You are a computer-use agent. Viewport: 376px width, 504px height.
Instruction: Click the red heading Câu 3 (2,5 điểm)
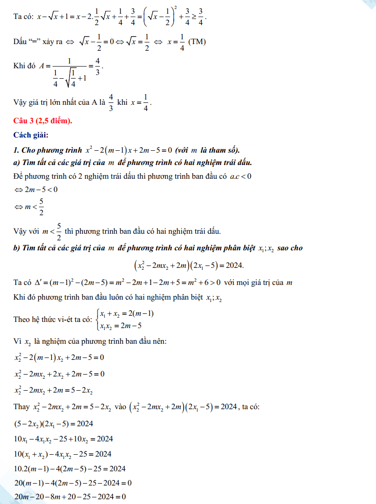(x=43, y=121)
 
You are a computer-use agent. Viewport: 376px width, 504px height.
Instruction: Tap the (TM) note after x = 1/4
(x=197, y=42)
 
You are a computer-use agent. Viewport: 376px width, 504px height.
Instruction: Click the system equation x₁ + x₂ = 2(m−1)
(x=126, y=314)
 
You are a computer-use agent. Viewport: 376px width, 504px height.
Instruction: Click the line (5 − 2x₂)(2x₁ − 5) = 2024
(x=54, y=423)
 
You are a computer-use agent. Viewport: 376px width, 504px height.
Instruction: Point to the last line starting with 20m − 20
(x=70, y=497)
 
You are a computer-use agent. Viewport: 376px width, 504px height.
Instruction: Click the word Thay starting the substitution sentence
(x=22, y=407)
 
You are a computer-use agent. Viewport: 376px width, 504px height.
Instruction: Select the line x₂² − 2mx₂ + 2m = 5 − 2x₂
(x=54, y=391)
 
